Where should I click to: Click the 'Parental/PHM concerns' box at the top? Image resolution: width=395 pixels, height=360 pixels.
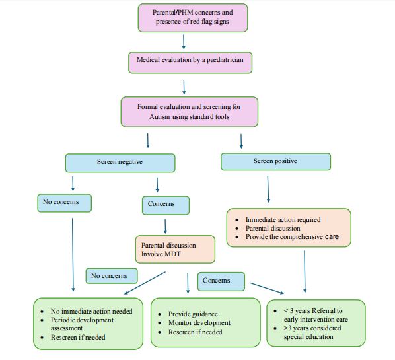[193, 18]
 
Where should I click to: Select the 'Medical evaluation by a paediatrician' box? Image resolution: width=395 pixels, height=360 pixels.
[190, 63]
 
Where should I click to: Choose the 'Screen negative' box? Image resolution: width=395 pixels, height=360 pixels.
[120, 162]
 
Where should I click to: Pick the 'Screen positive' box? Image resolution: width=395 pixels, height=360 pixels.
[276, 161]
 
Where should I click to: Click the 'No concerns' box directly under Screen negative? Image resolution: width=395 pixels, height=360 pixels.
[65, 203]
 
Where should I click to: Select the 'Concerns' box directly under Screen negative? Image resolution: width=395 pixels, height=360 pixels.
[166, 205]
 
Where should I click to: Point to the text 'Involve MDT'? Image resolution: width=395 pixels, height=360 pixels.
[161, 254]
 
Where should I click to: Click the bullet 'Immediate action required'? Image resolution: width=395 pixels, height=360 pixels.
[283, 219]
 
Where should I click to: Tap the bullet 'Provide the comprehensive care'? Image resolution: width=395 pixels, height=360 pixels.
[292, 237]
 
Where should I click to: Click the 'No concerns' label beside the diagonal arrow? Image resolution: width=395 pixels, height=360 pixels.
[112, 276]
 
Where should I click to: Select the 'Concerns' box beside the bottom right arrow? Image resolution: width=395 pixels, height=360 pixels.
[221, 281]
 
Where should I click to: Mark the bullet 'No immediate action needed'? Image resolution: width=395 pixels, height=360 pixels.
[91, 311]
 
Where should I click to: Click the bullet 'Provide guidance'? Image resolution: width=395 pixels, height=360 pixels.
[193, 314]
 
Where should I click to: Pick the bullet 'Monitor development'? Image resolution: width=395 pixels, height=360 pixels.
[199, 323]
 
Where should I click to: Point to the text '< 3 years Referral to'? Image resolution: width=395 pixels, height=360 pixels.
[313, 311]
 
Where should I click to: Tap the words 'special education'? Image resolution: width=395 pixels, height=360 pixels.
[308, 337]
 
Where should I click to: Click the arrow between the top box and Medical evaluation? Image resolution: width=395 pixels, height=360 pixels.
[184, 42]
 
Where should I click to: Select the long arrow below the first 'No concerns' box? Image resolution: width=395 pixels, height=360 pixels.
[73, 255]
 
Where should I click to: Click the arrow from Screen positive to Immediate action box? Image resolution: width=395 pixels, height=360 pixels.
[268, 189]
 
